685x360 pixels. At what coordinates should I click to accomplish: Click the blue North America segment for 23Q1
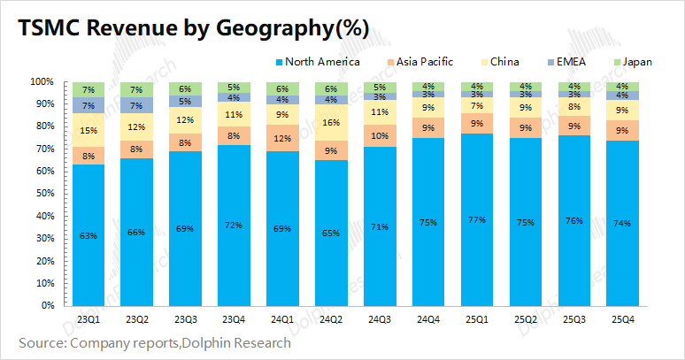click(x=89, y=235)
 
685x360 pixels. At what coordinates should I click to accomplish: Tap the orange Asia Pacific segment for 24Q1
click(x=281, y=138)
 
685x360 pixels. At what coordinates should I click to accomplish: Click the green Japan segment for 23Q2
click(x=136, y=89)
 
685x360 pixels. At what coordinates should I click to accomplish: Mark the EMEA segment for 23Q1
click(x=89, y=105)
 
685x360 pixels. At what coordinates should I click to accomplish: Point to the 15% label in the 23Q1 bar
click(x=89, y=130)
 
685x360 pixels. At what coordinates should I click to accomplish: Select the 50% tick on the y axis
click(x=42, y=194)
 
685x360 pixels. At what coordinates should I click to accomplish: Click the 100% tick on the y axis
click(x=40, y=81)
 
